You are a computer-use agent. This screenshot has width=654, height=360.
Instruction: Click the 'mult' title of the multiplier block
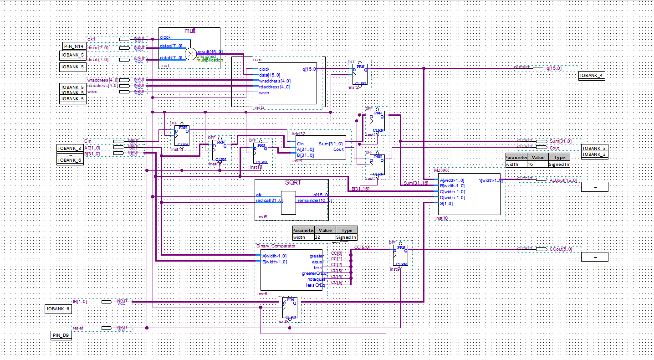pyautogui.click(x=189, y=31)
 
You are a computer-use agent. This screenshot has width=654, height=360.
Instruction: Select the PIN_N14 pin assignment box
pyautogui.click(x=73, y=46)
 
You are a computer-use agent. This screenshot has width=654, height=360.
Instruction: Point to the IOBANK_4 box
pyautogui.click(x=592, y=76)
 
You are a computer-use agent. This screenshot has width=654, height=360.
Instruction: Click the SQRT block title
pyautogui.click(x=293, y=182)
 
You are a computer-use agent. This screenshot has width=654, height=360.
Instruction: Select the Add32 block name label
pyautogui.click(x=298, y=134)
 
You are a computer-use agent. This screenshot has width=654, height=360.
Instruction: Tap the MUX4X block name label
pyautogui.click(x=441, y=170)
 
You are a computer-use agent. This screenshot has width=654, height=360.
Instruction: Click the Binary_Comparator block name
pyautogui.click(x=276, y=246)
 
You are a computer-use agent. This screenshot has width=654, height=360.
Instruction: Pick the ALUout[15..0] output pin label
pyautogui.click(x=563, y=180)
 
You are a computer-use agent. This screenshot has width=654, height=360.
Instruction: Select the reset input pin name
pyautogui.click(x=78, y=328)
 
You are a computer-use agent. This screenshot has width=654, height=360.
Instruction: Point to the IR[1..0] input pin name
pyautogui.click(x=80, y=302)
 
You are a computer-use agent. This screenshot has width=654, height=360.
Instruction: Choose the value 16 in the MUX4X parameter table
pyautogui.click(x=530, y=164)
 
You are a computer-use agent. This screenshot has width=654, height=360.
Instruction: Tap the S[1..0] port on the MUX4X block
pyautogui.click(x=445, y=204)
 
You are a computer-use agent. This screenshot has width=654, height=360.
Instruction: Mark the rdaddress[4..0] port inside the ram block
pyautogui.click(x=274, y=87)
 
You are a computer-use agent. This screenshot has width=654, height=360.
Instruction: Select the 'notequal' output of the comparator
pyautogui.click(x=316, y=279)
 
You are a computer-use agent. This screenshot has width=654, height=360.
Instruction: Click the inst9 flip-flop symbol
pyautogui.click(x=401, y=256)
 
